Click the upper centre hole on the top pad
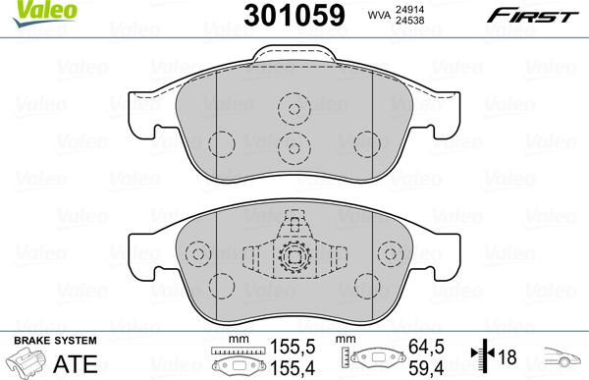click(292, 108)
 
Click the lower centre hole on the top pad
click(292, 148)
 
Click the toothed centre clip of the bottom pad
click(293, 258)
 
